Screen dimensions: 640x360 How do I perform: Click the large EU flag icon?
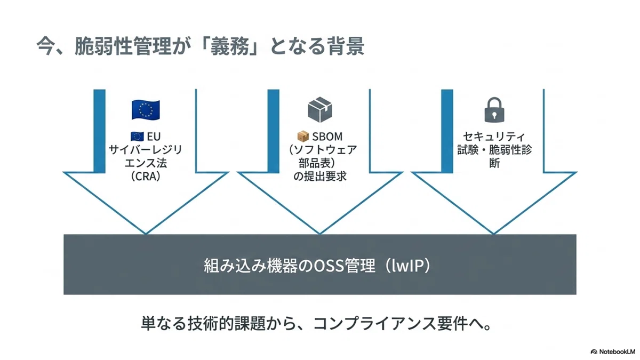click(146, 110)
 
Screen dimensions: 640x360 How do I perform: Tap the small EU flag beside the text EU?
click(137, 137)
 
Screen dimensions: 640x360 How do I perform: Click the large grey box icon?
click(319, 110)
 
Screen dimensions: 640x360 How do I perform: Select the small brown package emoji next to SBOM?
click(303, 137)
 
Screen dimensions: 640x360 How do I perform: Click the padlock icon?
click(494, 110)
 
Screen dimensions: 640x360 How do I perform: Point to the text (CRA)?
click(146, 177)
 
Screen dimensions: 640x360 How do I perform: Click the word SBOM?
click(327, 137)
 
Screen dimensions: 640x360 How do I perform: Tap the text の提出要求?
click(320, 177)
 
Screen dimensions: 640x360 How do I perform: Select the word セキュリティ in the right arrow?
click(494, 137)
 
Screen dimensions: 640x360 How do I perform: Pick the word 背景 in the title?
click(345, 46)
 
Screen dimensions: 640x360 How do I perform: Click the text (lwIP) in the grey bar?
click(407, 266)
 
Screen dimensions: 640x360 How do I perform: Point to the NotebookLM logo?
click(613, 351)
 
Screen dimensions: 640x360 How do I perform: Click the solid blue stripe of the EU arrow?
click(99, 131)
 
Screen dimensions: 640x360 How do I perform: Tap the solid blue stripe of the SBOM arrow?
click(274, 131)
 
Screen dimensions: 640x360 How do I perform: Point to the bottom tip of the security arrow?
click(494, 234)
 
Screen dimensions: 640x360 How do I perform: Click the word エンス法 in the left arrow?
click(146, 163)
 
